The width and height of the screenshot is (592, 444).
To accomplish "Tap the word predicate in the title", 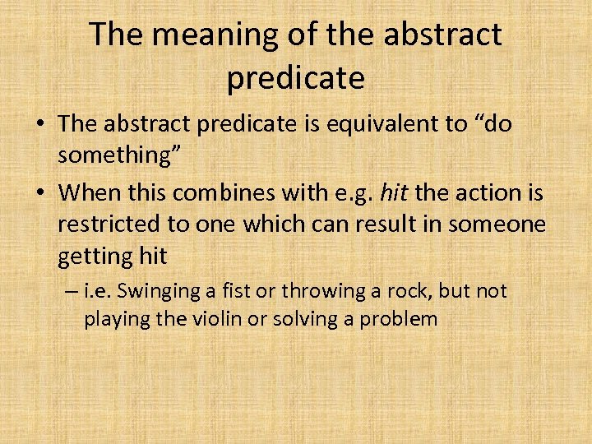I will point(295,77).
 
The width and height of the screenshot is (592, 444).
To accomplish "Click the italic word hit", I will point(398,193).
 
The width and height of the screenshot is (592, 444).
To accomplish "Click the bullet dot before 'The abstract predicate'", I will point(39,124).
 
